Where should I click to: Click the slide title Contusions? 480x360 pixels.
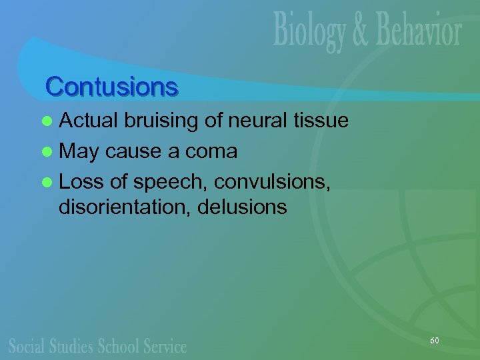coord(111,87)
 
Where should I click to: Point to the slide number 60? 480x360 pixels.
coord(435,341)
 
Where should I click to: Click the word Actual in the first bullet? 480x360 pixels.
coord(89,120)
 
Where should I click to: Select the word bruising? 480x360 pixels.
coord(163,120)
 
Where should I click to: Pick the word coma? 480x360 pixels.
coord(212,151)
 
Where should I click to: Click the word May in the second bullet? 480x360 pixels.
coord(79,151)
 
